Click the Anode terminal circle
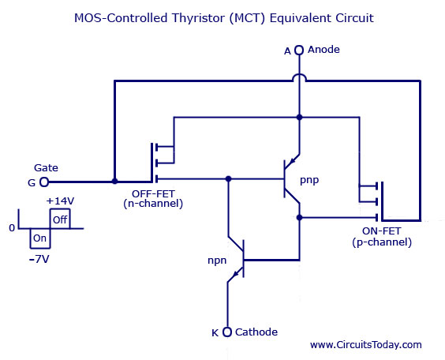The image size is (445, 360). [x=299, y=50]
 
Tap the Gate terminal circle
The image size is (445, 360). [x=44, y=182]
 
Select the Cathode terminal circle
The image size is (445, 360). [x=227, y=332]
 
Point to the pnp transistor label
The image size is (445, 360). [x=309, y=180]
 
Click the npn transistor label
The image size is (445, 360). [x=217, y=261]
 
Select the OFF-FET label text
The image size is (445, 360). [x=153, y=194]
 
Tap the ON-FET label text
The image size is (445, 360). [x=382, y=231]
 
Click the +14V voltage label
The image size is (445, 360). [x=60, y=201]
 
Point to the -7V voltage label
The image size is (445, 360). [x=39, y=259]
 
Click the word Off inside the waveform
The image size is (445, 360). [x=60, y=219]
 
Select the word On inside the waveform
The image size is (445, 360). [x=39, y=238]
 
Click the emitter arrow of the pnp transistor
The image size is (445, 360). [x=292, y=161]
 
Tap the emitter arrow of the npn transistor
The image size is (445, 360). [x=235, y=274]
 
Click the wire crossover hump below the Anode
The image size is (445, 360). [x=299, y=77]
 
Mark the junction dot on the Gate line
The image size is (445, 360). [x=114, y=181]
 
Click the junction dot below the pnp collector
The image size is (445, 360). [x=299, y=217]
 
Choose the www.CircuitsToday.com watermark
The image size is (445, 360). [x=366, y=345]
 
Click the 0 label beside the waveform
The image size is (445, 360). [x=12, y=228]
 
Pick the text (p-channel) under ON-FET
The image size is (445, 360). [x=382, y=242]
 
